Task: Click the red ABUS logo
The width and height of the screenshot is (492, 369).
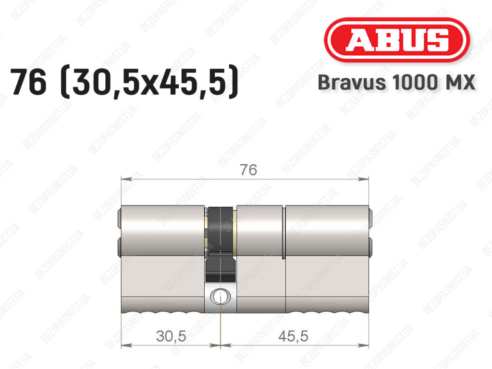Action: click(x=396, y=40)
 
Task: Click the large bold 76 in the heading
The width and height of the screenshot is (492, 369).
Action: click(x=28, y=82)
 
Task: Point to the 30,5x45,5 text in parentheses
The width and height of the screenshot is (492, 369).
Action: click(x=149, y=82)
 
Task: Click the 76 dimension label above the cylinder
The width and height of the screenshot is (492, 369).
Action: click(x=248, y=170)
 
